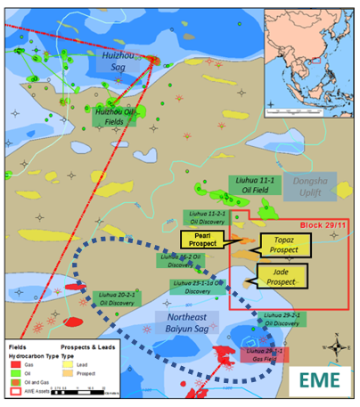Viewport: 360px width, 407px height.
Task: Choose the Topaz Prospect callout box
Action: coord(282,247)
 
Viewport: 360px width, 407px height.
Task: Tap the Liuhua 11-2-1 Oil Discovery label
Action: coord(207,216)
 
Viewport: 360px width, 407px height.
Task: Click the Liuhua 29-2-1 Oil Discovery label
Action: coord(289,320)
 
